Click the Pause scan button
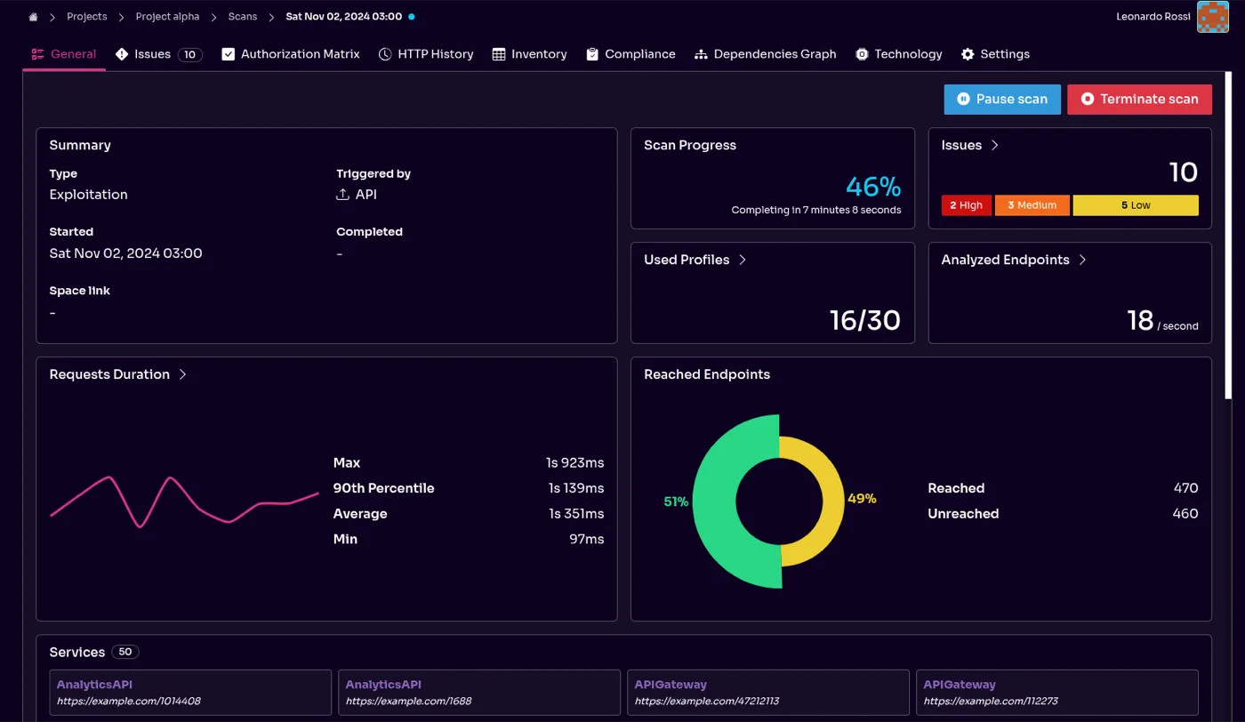point(1001,100)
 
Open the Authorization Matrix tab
point(291,54)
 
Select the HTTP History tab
point(426,54)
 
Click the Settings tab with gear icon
point(995,54)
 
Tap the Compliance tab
point(631,54)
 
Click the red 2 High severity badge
point(967,205)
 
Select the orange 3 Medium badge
point(1032,205)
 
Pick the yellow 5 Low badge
point(1135,205)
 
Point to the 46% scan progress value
point(872,187)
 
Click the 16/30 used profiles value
point(864,320)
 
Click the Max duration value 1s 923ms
point(575,462)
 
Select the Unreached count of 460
point(1185,514)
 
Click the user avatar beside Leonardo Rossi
point(1212,17)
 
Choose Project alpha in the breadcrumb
point(167,17)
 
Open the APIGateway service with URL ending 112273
point(1056,693)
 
